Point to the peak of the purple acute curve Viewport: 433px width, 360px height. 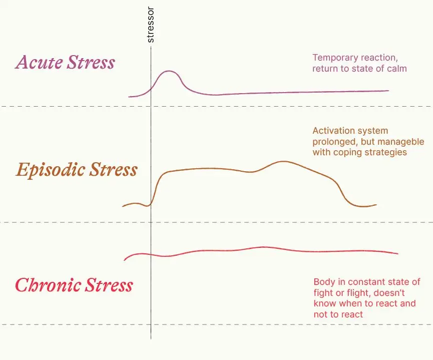(x=170, y=71)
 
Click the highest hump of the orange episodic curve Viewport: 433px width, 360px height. (x=283, y=161)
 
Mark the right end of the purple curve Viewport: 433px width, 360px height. (x=388, y=91)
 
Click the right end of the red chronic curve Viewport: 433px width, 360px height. (x=397, y=254)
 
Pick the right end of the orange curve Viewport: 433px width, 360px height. (x=375, y=205)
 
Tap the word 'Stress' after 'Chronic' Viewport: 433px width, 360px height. (x=109, y=285)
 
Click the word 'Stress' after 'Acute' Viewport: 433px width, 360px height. (x=92, y=63)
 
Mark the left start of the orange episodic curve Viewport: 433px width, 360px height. (x=123, y=206)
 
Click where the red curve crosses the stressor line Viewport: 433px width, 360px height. (x=151, y=255)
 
